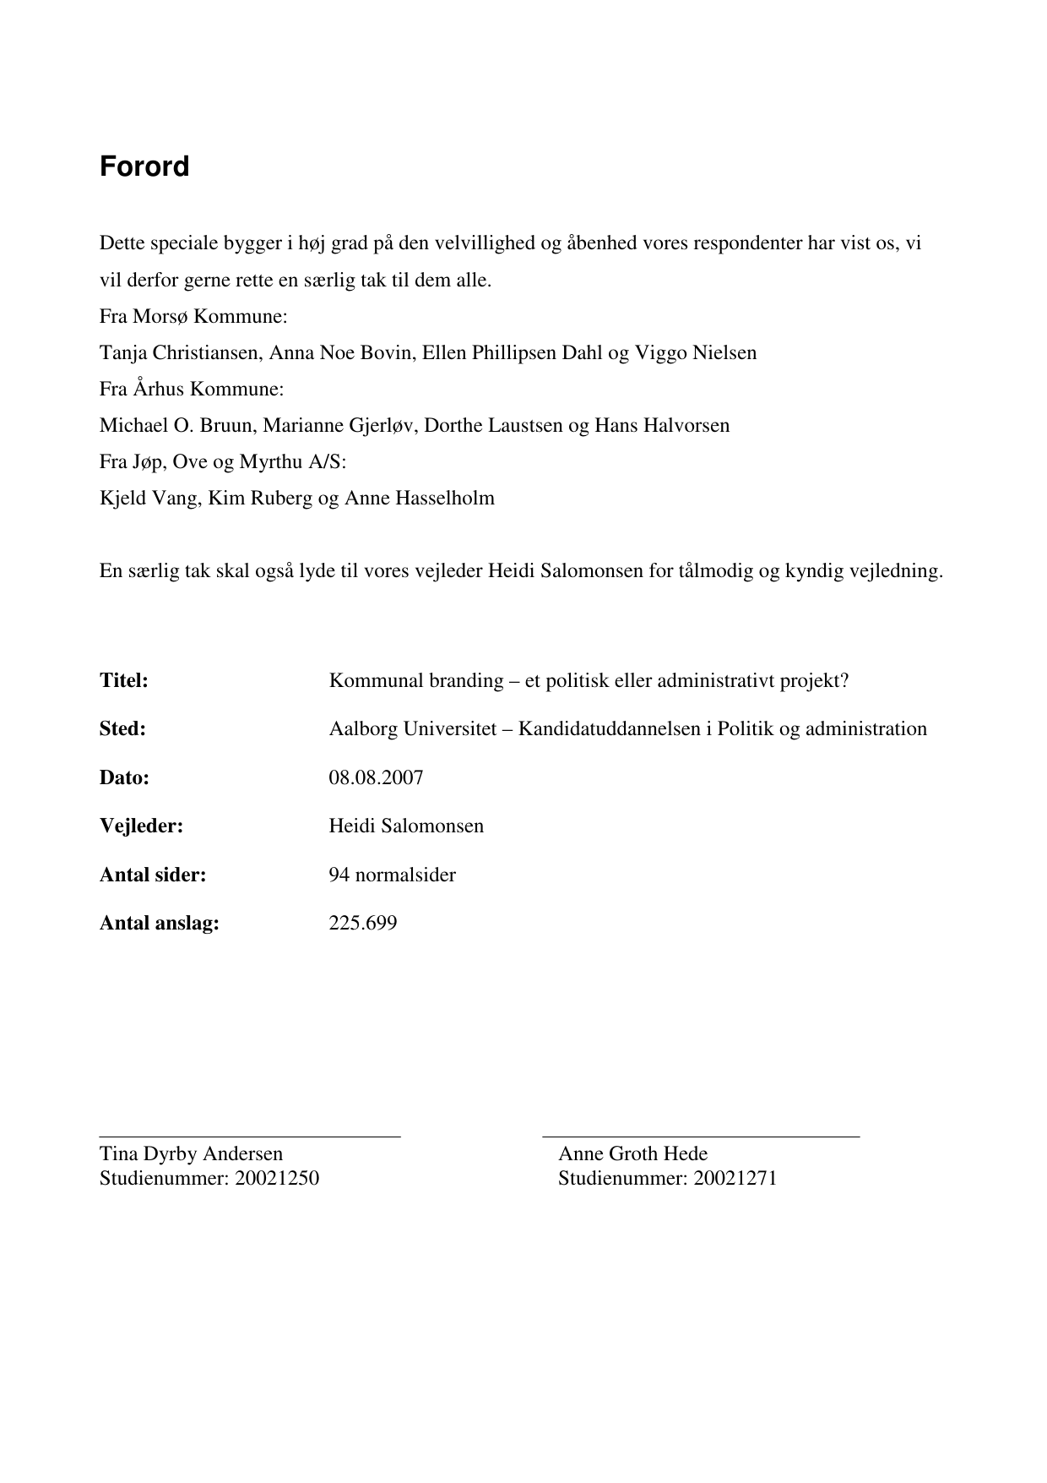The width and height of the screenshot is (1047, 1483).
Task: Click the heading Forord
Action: [x=144, y=166]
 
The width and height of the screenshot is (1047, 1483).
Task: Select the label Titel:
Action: [x=124, y=680]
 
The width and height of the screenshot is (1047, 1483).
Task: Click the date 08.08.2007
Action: [x=376, y=777]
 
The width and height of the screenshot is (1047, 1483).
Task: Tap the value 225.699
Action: [x=362, y=923]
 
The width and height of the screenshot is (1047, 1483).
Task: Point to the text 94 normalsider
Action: [x=392, y=875]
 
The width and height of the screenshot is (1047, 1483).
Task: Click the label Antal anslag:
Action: [x=159, y=923]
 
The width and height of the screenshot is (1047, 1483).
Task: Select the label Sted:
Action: [x=122, y=728]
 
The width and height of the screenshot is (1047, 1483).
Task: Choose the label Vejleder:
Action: [x=141, y=826]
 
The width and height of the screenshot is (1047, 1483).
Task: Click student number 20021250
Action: [x=277, y=1178]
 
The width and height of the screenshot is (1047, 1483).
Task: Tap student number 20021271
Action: [x=735, y=1178]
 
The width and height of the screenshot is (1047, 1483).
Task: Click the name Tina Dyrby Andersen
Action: [x=191, y=1153]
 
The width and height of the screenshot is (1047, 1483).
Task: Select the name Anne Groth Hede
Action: [x=632, y=1153]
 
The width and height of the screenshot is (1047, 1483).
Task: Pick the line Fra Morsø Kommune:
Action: [x=193, y=316]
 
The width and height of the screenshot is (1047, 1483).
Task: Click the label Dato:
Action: [x=124, y=777]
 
